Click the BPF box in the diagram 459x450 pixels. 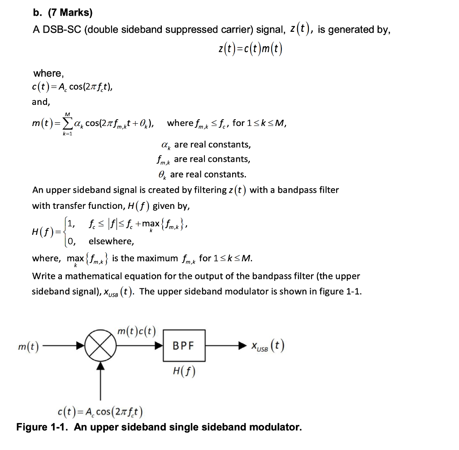(x=184, y=346)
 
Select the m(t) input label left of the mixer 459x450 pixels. (x=27, y=346)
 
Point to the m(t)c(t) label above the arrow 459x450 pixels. (x=136, y=332)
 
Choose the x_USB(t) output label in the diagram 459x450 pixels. (x=267, y=346)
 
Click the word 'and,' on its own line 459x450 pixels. (x=41, y=102)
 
